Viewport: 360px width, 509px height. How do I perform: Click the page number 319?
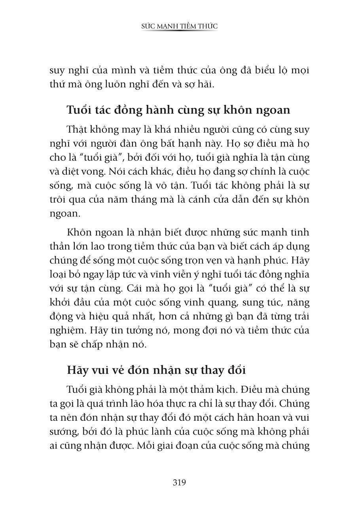179,482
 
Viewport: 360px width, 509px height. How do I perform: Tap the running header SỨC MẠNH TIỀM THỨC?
180,27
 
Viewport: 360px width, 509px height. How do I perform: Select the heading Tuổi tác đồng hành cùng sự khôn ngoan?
178,110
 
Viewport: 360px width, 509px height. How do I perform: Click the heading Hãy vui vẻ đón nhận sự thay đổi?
156,370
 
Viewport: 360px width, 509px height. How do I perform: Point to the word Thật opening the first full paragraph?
78,129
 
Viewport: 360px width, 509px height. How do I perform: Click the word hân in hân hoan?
228,418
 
